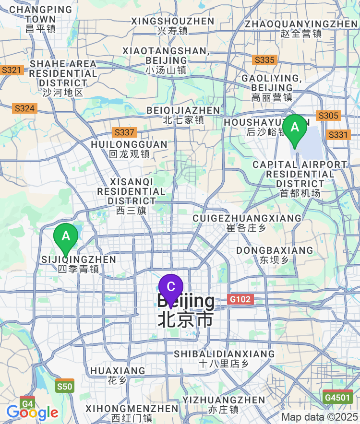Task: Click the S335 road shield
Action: coord(264,60)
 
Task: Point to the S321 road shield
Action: coord(11,70)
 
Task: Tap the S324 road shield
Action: coord(24,108)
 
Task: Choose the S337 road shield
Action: coord(125,132)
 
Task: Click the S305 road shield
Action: coord(328,116)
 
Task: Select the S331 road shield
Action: coord(338,135)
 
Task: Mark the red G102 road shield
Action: coord(240,300)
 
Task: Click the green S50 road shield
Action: coord(65,387)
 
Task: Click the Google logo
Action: coord(32,412)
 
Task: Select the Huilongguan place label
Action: coord(129,149)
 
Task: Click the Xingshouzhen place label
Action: coord(172,26)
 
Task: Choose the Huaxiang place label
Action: coord(118,376)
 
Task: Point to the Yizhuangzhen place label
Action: coord(224,404)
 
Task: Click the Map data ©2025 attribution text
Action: coord(319,417)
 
